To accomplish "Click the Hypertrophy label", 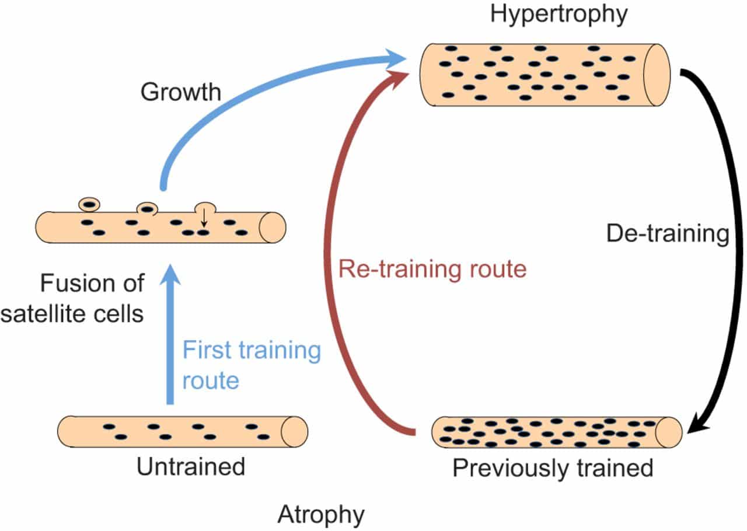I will pyautogui.click(x=558, y=14).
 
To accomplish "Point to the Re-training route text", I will pyautogui.click(x=432, y=269).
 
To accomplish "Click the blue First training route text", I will pyautogui.click(x=252, y=365).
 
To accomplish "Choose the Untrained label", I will pyautogui.click(x=191, y=467).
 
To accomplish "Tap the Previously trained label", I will pyautogui.click(x=553, y=469).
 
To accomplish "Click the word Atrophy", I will pyautogui.click(x=321, y=515).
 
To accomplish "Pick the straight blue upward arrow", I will pyautogui.click(x=170, y=338).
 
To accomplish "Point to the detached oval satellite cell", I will pyautogui.click(x=89, y=204).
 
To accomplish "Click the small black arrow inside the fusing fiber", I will pyautogui.click(x=204, y=219).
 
